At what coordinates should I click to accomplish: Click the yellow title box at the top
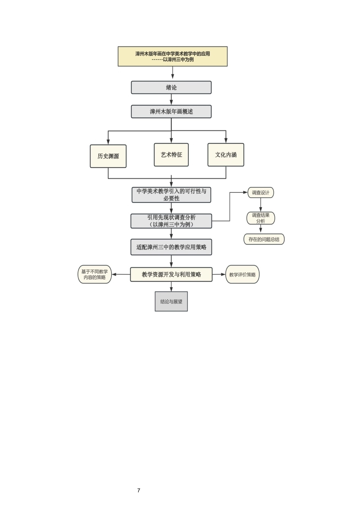coord(172,56)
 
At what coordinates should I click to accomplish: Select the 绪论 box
coord(171,87)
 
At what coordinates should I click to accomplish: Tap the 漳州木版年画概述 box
coord(171,112)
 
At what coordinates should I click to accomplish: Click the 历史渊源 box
coord(108,156)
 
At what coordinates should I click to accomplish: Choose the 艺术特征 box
coord(171,155)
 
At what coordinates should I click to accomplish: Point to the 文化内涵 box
coord(226,155)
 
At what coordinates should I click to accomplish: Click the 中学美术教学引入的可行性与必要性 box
coord(171,195)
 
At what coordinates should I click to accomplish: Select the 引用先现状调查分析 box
coord(171,221)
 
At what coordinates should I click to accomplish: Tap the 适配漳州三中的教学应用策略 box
coord(171,247)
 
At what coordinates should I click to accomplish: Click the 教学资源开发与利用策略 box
coord(171,275)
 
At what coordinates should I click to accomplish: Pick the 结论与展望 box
coord(171,301)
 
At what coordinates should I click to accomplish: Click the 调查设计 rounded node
coord(261,193)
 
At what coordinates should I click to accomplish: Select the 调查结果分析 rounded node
coord(261,218)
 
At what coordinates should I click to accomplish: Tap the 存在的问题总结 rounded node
coord(264,239)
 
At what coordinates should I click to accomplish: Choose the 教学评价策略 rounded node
coord(243,275)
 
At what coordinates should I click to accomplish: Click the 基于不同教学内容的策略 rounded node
coord(95,275)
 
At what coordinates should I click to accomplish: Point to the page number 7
coord(139,490)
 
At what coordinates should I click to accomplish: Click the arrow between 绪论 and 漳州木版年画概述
coord(171,99)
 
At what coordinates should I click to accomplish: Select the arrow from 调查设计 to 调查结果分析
coord(261,205)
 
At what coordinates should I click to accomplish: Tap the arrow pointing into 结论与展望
coord(171,287)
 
